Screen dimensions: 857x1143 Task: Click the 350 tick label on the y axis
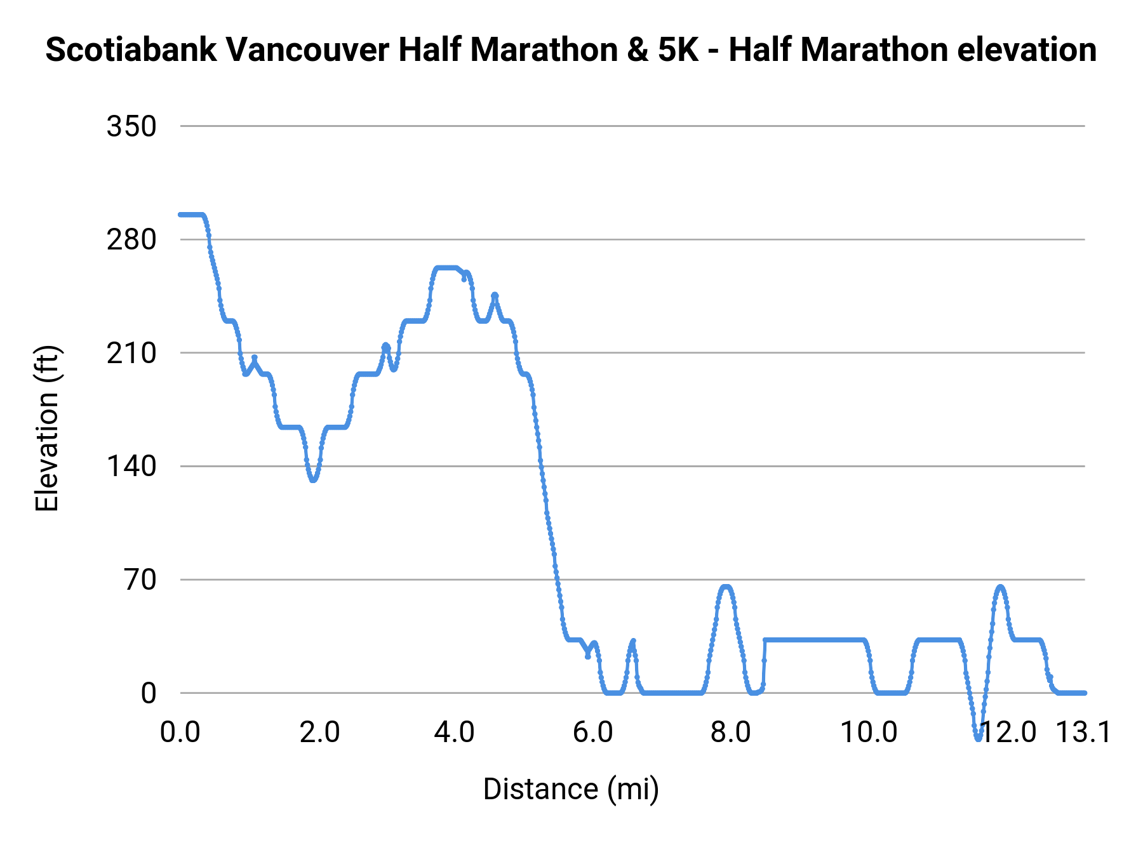point(131,126)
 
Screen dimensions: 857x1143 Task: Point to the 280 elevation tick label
point(131,240)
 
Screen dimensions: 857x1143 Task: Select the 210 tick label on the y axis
point(131,353)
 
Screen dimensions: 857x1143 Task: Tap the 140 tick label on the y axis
point(131,467)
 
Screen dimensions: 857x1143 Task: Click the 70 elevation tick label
point(140,580)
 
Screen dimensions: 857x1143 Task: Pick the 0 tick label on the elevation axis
point(149,693)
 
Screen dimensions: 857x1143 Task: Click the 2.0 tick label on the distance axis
point(319,733)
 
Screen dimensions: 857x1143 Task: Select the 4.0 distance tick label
point(454,733)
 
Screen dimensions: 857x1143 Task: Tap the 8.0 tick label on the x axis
point(730,733)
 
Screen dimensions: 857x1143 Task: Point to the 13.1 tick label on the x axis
point(1083,733)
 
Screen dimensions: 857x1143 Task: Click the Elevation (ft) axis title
point(47,428)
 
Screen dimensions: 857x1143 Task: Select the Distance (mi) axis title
point(571,789)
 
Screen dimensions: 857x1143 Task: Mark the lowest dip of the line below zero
point(979,738)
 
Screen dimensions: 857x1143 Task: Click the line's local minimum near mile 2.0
point(313,480)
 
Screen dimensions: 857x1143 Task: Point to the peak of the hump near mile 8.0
point(726,587)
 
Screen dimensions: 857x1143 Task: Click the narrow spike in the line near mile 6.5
point(633,641)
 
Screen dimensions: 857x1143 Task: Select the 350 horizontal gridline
point(635,126)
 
